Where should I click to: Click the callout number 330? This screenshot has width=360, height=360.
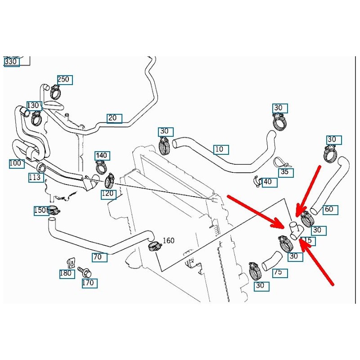pyautogui.click(x=12, y=62)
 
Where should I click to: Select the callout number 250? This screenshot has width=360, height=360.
pyautogui.click(x=63, y=80)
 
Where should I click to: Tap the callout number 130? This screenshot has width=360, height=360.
pyautogui.click(x=34, y=105)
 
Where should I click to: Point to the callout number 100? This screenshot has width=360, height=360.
pyautogui.click(x=16, y=163)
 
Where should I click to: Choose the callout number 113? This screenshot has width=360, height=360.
pyautogui.click(x=35, y=177)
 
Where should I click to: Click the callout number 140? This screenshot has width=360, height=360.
pyautogui.click(x=102, y=156)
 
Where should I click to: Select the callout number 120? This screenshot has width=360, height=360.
pyautogui.click(x=108, y=194)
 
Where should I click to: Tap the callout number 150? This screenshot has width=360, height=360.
pyautogui.click(x=40, y=210)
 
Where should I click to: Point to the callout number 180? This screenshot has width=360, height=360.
pyautogui.click(x=67, y=273)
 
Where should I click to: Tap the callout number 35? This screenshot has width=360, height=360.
pyautogui.click(x=285, y=172)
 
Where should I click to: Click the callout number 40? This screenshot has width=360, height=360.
pyautogui.click(x=269, y=182)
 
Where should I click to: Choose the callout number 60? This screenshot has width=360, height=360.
pyautogui.click(x=330, y=209)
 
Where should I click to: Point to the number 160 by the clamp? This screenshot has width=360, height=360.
pyautogui.click(x=168, y=240)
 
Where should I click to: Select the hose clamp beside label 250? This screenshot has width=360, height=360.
pyautogui.click(x=56, y=93)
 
